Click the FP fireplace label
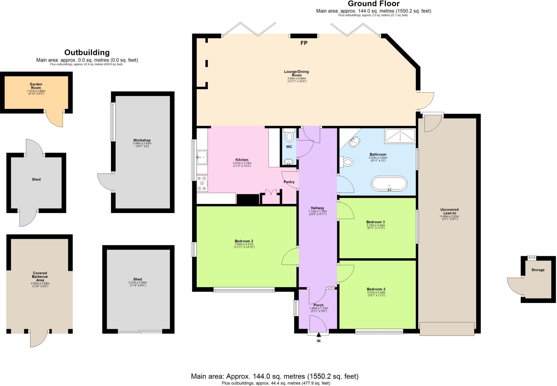[304, 43]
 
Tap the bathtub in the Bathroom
[389, 184]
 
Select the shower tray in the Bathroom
[400, 136]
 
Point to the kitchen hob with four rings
[202, 183]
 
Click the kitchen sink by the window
[202, 157]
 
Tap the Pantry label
[289, 182]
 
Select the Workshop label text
[142, 140]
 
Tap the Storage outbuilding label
[538, 270]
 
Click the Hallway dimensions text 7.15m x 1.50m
[317, 211]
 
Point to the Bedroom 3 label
[375, 222]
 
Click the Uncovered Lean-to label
[449, 211]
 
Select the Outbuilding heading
[87, 52]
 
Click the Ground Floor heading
[373, 4]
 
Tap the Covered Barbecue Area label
[40, 276]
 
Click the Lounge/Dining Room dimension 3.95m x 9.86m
[296, 78]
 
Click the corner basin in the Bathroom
[355, 142]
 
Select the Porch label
[318, 305]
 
